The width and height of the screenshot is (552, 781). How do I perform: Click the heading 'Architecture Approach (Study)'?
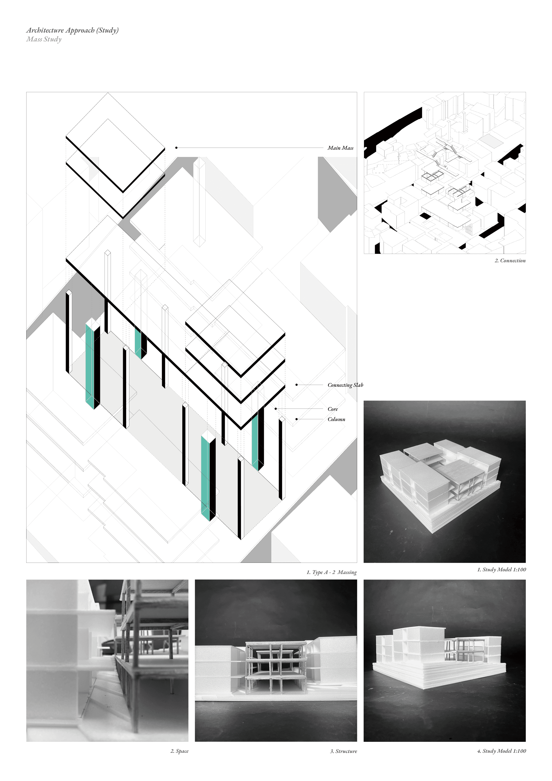click(x=72, y=30)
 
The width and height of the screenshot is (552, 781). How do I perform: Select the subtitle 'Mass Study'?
click(x=44, y=39)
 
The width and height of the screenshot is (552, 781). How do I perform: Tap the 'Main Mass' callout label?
click(x=341, y=148)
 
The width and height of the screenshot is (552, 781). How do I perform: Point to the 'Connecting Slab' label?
click(x=345, y=385)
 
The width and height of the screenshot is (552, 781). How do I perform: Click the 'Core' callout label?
click(x=333, y=409)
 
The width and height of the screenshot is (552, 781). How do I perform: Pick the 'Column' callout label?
click(x=336, y=419)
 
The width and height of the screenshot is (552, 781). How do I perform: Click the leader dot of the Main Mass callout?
click(x=176, y=148)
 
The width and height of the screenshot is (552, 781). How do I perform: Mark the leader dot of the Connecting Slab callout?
click(x=296, y=385)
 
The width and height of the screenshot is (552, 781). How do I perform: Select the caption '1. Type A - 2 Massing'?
click(x=332, y=572)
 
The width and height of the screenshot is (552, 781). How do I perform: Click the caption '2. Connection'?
click(x=510, y=260)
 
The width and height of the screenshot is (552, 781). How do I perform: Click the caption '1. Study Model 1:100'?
click(x=502, y=569)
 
